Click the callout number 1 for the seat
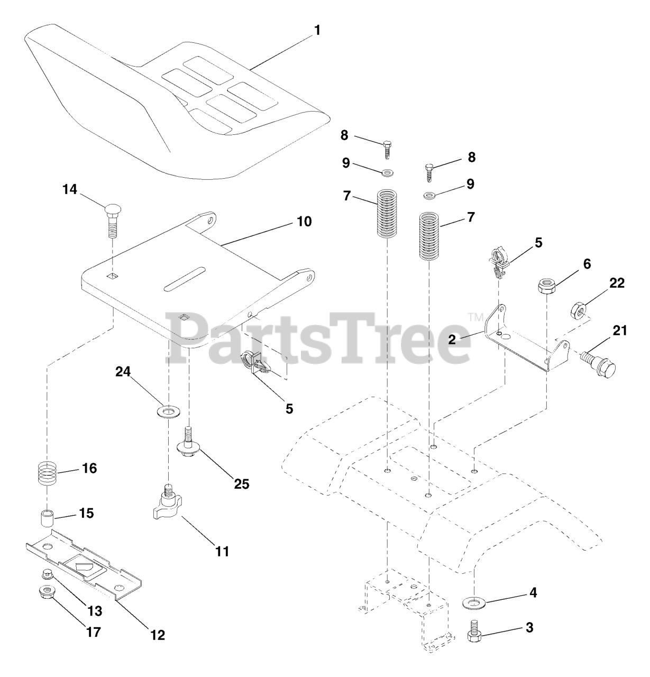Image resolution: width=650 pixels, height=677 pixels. (x=317, y=31)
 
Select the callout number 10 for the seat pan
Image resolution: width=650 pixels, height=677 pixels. (x=304, y=221)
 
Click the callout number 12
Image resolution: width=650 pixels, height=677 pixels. (x=157, y=634)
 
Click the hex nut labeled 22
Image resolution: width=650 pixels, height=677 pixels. (x=579, y=310)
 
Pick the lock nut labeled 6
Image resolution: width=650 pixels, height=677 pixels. (x=546, y=287)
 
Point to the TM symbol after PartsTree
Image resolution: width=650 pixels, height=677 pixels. (x=473, y=317)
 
